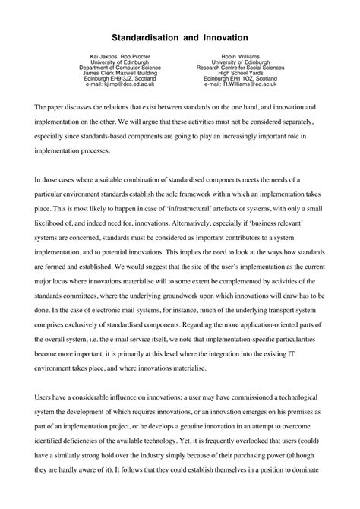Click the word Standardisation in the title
point(147,36)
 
